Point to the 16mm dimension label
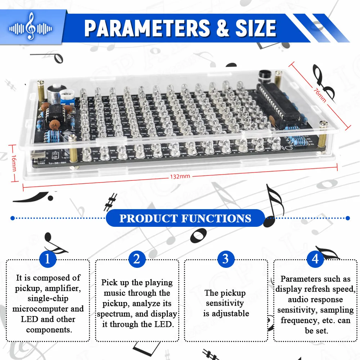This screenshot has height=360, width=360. click(13, 163)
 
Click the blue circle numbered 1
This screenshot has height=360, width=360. click(48, 259)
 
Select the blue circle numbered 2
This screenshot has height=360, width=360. click(136, 259)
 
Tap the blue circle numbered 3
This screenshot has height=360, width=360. click(225, 259)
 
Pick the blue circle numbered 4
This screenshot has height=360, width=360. click(315, 259)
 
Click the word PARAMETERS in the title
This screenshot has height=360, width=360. click(147, 28)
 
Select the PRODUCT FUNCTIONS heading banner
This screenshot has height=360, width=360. click(185, 218)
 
